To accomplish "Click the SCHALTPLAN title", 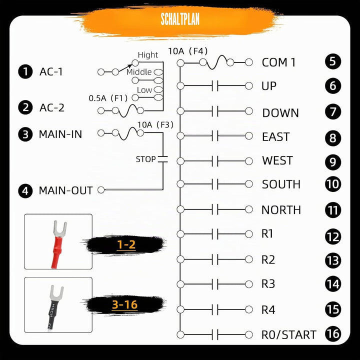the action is (x=180, y=19).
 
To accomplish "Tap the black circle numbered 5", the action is (x=333, y=61).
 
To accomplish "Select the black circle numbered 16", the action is (x=333, y=334).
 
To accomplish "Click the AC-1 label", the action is (x=51, y=71).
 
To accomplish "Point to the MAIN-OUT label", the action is (x=65, y=190).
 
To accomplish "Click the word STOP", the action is (x=146, y=159).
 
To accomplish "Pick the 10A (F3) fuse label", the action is (x=155, y=124).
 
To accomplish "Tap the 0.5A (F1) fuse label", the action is (x=108, y=98).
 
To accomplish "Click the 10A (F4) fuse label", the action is (x=188, y=51).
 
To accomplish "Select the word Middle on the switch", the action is (x=139, y=72).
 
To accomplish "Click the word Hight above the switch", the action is (x=148, y=55).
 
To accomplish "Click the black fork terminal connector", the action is (x=55, y=307).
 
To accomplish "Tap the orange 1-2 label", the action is (x=126, y=244).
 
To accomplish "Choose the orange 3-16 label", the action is (x=124, y=304).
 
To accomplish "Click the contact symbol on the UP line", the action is (x=215, y=86).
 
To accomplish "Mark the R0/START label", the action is (x=289, y=334).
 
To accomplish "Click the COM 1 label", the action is (x=278, y=62).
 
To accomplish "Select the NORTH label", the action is (x=281, y=210).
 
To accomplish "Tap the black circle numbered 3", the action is (x=25, y=134).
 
